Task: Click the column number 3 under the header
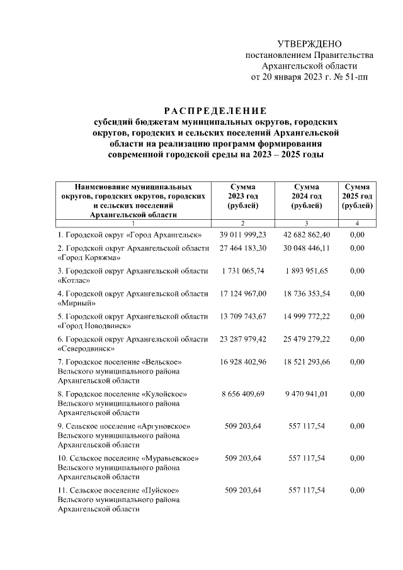pos(306,224)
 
